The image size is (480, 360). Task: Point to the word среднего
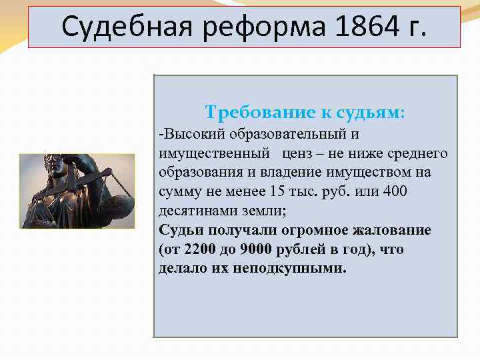coord(419,154)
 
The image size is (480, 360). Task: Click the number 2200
coord(198,250)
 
